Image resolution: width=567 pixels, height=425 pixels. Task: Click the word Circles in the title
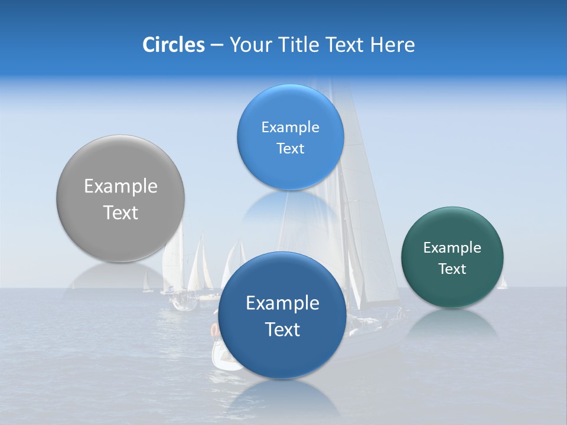coord(173,45)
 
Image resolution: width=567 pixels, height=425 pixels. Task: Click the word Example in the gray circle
coord(120,187)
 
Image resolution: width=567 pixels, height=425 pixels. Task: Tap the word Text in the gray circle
coord(120,212)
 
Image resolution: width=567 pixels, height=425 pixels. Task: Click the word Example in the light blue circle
coord(290,127)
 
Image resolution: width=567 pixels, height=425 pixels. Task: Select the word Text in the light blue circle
coord(290,149)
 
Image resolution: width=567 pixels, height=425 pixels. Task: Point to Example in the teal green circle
coord(452,248)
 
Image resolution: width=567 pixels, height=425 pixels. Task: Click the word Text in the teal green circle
coord(452,269)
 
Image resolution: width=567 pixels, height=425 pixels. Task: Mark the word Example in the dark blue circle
coord(282,303)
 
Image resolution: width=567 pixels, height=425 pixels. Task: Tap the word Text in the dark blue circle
coord(282,329)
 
